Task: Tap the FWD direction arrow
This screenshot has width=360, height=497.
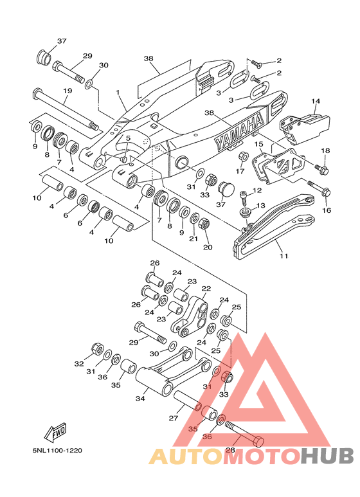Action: tap(55, 432)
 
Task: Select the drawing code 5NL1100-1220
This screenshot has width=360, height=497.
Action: tap(57, 450)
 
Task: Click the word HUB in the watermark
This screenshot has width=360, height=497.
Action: tap(327, 456)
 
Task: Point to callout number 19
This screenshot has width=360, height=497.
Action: tap(67, 91)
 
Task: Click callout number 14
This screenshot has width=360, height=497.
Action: tap(315, 101)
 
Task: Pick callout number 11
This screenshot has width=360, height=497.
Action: tap(283, 255)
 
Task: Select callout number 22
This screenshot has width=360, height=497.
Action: tap(206, 289)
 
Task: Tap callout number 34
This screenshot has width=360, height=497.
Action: tap(140, 399)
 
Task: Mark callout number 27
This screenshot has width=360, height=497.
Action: tap(174, 418)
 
